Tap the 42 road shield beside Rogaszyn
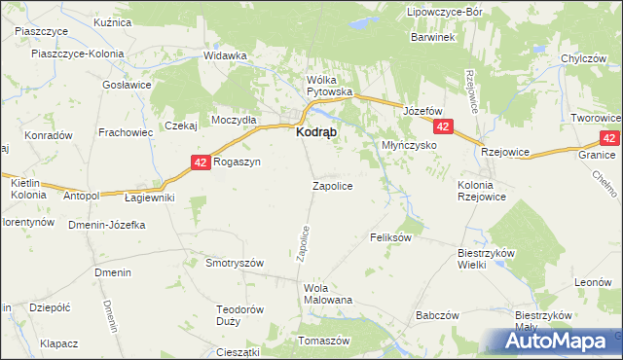coord(199,162)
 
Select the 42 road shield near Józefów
coord(444,127)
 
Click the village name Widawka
coord(225,55)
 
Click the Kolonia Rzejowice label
coord(484,191)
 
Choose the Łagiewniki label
coord(150,198)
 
